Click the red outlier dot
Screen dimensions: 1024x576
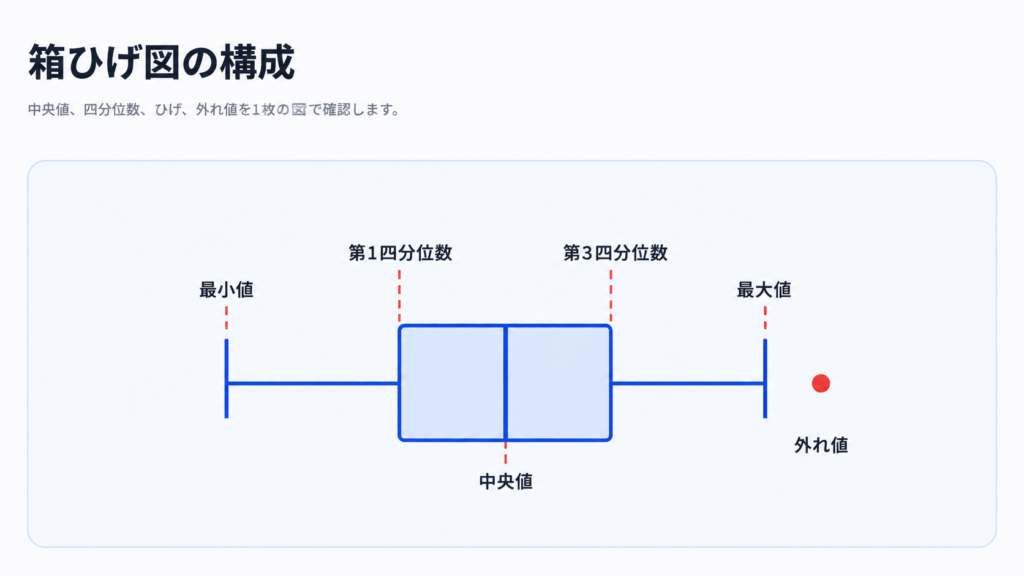(821, 383)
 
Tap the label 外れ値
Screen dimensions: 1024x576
(821, 445)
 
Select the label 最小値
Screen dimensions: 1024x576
(226, 289)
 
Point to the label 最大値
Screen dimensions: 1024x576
(764, 289)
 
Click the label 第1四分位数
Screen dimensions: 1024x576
(400, 253)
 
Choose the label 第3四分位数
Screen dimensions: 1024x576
(615, 253)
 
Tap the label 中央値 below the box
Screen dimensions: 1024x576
(505, 481)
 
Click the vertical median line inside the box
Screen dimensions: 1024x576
(505, 383)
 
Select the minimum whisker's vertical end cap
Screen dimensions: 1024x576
(227, 378)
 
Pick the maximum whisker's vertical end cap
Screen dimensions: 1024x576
(765, 378)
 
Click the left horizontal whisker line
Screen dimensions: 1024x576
(313, 383)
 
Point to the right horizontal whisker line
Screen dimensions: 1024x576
(688, 383)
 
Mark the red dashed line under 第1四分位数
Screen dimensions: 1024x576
(399, 297)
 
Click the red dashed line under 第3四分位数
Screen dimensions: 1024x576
(611, 297)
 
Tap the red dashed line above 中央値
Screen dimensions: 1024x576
(505, 453)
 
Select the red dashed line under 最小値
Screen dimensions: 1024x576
(227, 319)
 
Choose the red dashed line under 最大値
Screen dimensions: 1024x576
(765, 319)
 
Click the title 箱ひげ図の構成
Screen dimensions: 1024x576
(161, 63)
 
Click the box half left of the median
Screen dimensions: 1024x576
(452, 383)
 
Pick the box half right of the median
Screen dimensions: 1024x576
(559, 383)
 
